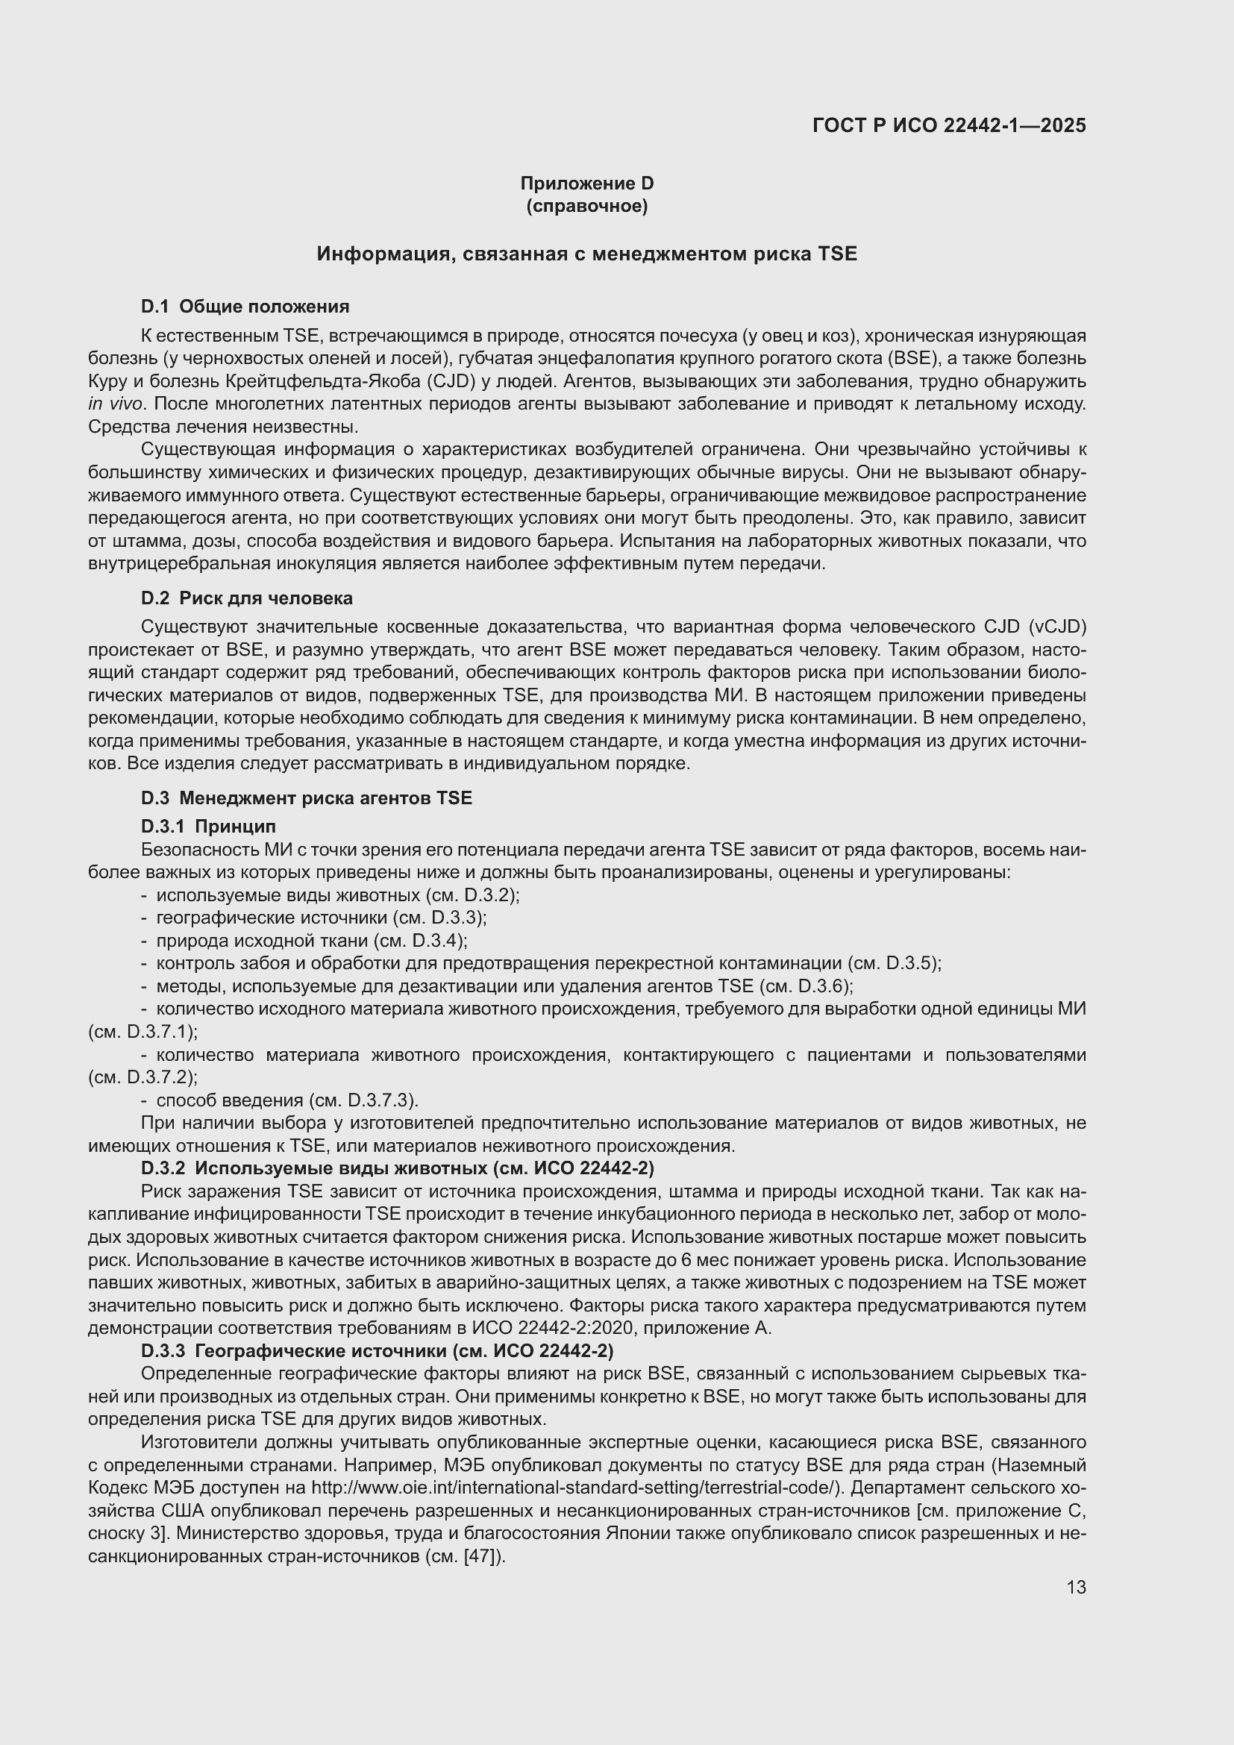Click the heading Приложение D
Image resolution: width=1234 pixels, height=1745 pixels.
pos(586,184)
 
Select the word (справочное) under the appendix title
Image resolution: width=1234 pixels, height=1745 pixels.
pos(586,206)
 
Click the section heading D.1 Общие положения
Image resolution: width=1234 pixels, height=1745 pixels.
pos(245,307)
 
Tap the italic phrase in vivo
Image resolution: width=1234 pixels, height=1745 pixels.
pos(114,404)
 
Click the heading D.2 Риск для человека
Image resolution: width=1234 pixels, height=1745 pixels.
pos(246,598)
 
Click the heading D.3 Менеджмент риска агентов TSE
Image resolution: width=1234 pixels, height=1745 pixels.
pos(306,798)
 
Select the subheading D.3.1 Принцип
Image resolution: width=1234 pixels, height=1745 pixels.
pos(208,826)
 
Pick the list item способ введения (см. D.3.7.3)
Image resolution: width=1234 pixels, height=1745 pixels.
pos(287,1100)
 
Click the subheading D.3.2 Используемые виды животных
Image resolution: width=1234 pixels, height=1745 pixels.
pos(398,1168)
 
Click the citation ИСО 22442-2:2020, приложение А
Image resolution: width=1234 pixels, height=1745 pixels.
pos(621,1328)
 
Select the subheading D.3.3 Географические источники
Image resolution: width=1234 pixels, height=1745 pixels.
pos(377,1350)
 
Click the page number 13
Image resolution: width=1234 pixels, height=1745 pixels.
pos(1076,1587)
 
